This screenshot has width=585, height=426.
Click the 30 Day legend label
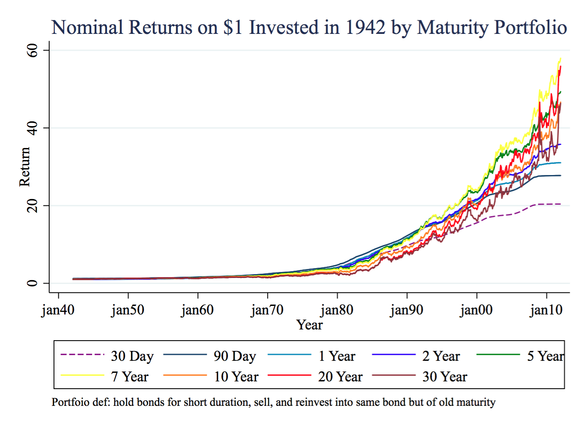click(132, 356)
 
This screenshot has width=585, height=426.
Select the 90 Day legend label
click(235, 356)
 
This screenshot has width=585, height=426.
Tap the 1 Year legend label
click(337, 356)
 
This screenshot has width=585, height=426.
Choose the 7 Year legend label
click(129, 377)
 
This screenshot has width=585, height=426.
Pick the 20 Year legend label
click(340, 377)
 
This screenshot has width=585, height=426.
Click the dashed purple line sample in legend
click(82, 355)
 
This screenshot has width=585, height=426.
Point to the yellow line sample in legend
click(82, 375)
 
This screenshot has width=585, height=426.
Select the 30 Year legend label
click(445, 377)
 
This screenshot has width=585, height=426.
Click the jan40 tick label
click(58, 310)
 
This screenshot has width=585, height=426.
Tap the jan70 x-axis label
click(267, 310)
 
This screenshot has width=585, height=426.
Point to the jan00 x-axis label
click(476, 310)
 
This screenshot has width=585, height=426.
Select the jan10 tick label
click(546, 310)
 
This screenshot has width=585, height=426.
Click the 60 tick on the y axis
click(33, 51)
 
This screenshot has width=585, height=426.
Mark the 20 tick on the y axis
click(33, 206)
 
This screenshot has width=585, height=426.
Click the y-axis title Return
click(24, 167)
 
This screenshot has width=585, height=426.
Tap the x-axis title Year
click(309, 325)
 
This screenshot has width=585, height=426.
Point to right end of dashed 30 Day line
click(560, 204)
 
